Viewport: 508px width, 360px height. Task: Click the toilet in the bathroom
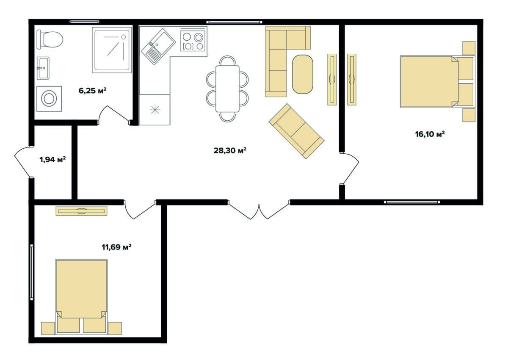pyautogui.click(x=50, y=39)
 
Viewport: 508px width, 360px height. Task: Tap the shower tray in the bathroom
pyautogui.click(x=112, y=50)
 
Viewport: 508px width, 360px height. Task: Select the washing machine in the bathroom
pyautogui.click(x=49, y=99)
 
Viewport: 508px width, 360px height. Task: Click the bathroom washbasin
pyautogui.click(x=43, y=68)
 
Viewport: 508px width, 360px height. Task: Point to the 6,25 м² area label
pyautogui.click(x=93, y=91)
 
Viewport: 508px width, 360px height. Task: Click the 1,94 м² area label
pyautogui.click(x=52, y=160)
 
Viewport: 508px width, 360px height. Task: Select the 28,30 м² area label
pyautogui.click(x=230, y=150)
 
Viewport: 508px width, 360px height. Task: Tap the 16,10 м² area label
pyautogui.click(x=430, y=134)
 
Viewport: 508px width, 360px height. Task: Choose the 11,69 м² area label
pyautogui.click(x=116, y=247)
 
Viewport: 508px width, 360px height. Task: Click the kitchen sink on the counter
pyautogui.click(x=158, y=47)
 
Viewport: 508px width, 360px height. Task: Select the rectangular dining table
pyautogui.click(x=227, y=89)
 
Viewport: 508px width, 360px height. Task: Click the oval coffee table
pyautogui.click(x=303, y=74)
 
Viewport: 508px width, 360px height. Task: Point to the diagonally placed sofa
pyautogui.click(x=296, y=131)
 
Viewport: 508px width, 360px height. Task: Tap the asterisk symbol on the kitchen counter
pyautogui.click(x=155, y=110)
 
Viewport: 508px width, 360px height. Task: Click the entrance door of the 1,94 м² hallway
pyautogui.click(x=23, y=162)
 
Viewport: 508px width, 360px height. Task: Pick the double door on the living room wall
pyautogui.click(x=259, y=210)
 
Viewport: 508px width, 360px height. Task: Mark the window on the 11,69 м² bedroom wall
pyautogui.click(x=31, y=272)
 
